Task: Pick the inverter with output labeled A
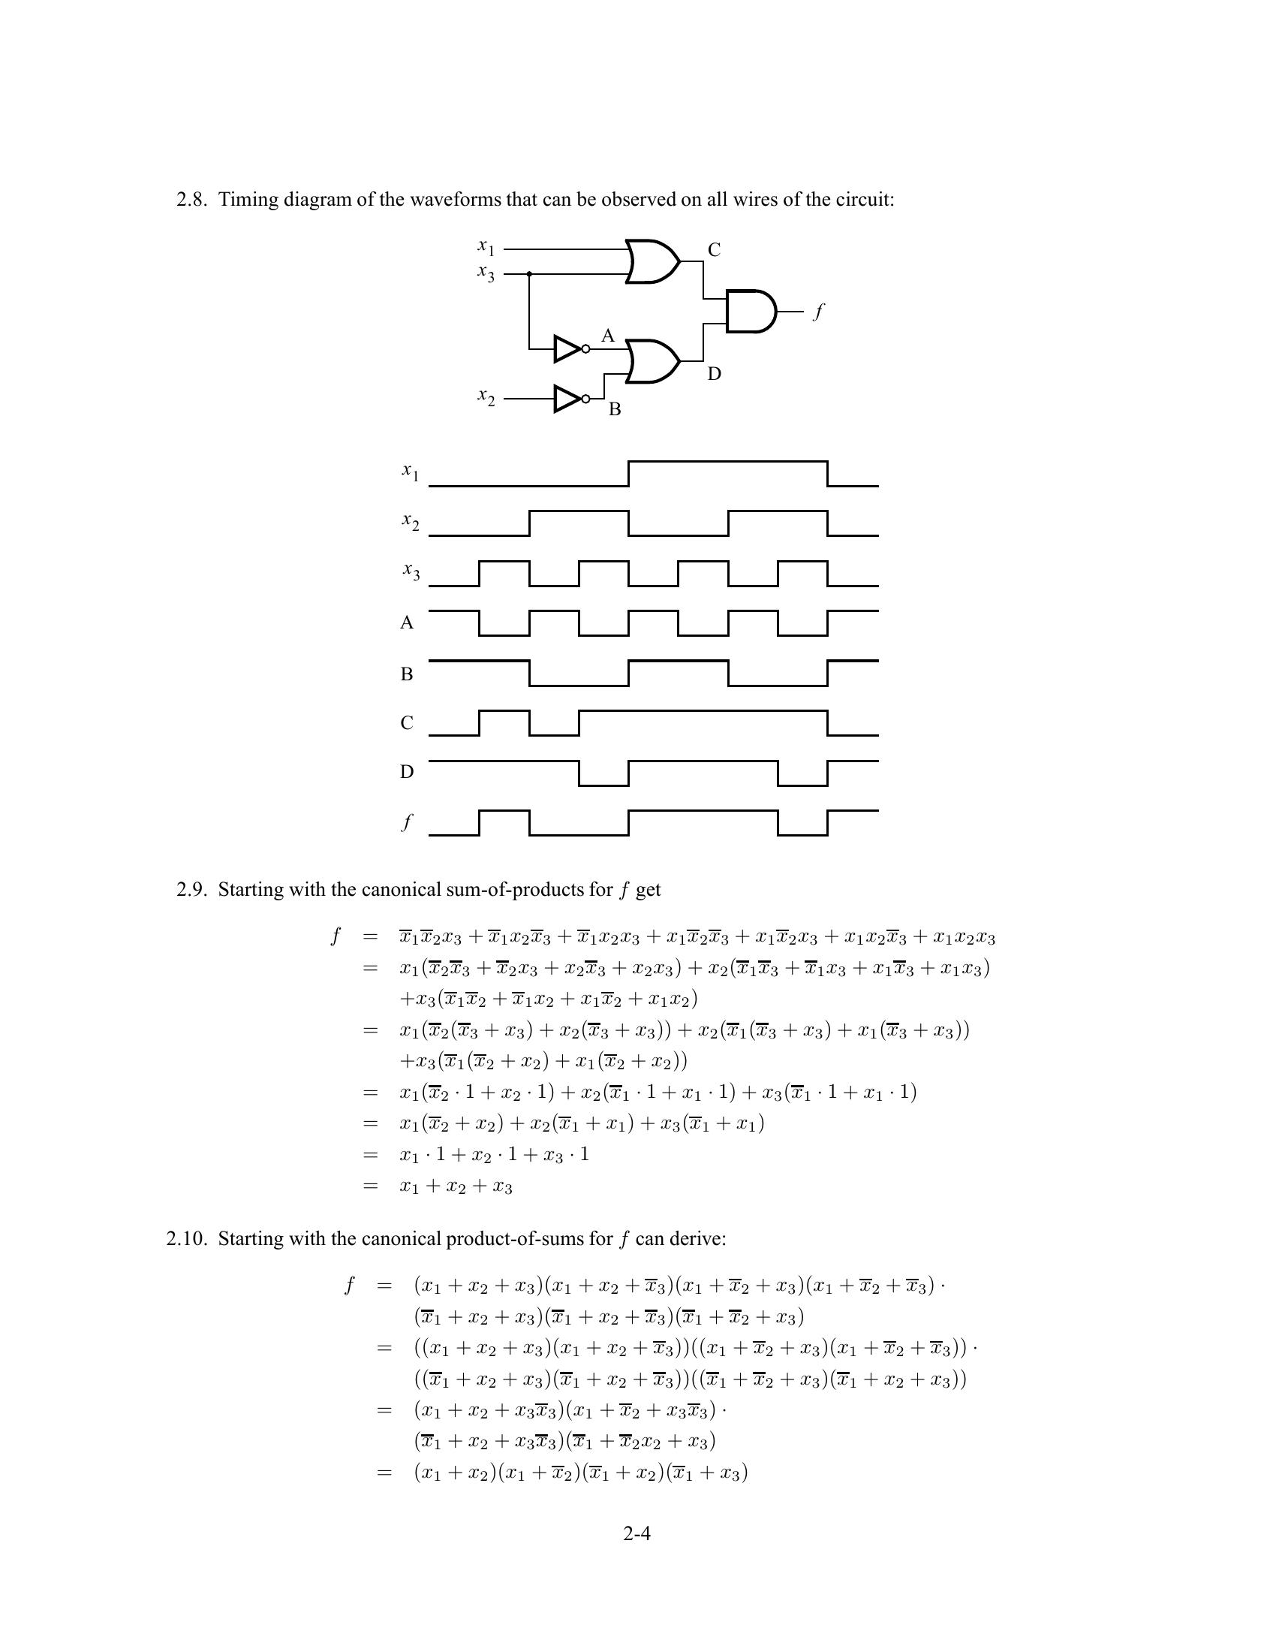click(569, 348)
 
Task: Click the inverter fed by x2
click(569, 398)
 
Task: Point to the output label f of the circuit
click(818, 311)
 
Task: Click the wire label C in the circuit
click(714, 250)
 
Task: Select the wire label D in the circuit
click(714, 374)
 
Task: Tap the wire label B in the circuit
click(615, 409)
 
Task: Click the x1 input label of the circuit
click(486, 246)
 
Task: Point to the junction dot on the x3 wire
click(529, 274)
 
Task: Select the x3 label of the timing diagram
click(411, 572)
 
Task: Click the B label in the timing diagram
click(407, 674)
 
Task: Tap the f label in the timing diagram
click(408, 822)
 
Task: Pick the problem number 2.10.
click(187, 1239)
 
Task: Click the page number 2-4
click(637, 1533)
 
